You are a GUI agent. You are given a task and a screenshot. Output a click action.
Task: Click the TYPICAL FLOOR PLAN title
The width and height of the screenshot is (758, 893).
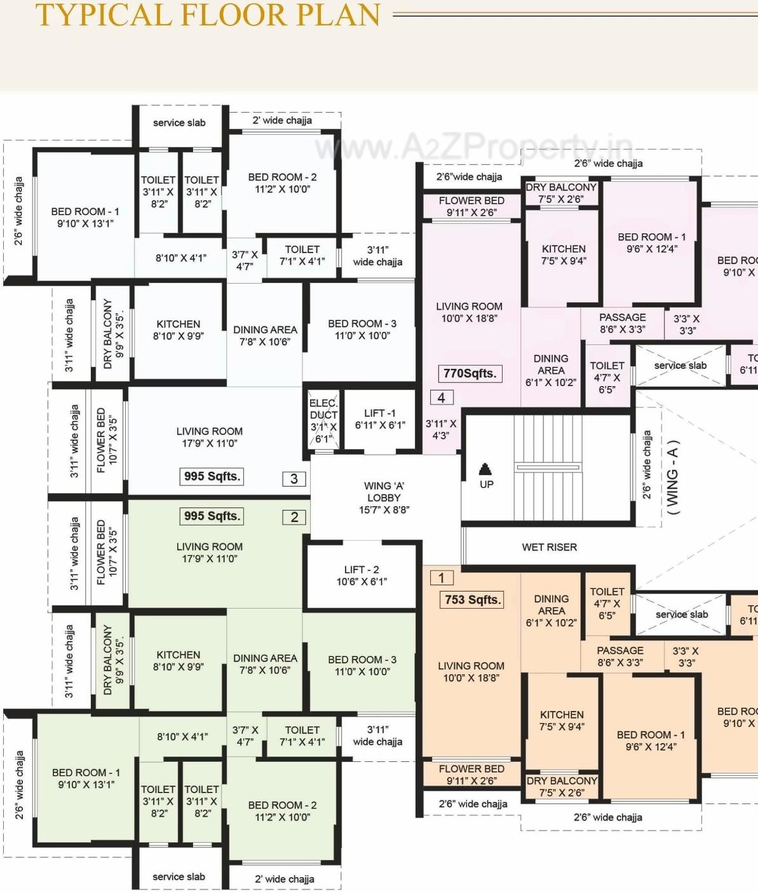(x=208, y=15)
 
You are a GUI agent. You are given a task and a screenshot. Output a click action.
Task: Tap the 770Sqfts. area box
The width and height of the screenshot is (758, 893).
(x=470, y=373)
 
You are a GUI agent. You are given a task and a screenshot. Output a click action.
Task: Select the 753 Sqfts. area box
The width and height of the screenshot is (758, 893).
(x=472, y=600)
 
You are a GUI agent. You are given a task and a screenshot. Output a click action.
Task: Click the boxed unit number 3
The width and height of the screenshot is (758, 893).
(x=294, y=479)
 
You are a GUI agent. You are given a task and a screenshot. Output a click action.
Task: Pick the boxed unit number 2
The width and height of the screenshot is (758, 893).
(x=294, y=517)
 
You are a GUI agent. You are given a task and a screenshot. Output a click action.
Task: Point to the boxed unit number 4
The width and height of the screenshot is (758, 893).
(x=442, y=398)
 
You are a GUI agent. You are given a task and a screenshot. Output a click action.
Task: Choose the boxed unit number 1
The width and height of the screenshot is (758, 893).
(x=442, y=578)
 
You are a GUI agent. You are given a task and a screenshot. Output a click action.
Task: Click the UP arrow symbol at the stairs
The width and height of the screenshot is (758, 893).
(x=485, y=470)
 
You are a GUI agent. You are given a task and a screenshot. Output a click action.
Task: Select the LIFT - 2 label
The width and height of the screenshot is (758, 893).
(x=362, y=575)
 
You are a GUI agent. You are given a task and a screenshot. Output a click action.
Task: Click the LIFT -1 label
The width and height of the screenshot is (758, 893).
(x=380, y=419)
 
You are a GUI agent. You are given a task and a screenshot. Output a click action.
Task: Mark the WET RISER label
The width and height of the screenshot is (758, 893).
(x=549, y=547)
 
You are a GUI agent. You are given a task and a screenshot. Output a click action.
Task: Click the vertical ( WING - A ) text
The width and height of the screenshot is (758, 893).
(x=673, y=477)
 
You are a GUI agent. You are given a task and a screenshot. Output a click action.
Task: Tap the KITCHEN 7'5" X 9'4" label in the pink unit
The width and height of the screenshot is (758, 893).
(x=564, y=254)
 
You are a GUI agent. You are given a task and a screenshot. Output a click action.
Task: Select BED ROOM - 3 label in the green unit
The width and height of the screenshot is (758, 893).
(x=362, y=665)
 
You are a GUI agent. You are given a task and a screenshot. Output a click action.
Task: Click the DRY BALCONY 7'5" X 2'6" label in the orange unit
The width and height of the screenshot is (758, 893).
(x=562, y=786)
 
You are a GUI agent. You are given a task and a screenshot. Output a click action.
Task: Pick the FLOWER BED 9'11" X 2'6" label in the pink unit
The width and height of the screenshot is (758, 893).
(x=471, y=206)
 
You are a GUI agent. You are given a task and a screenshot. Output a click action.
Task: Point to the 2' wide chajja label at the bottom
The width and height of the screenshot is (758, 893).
(x=284, y=879)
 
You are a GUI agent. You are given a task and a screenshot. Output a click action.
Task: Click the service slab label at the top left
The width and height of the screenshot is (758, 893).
(x=179, y=123)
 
